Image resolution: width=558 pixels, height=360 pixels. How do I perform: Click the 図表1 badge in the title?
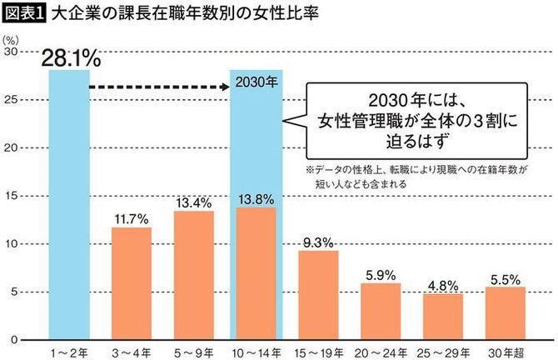pos(23,14)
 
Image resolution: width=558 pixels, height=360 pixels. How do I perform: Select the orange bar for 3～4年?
pos(131,283)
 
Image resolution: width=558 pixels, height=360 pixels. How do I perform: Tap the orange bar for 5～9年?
pos(193,275)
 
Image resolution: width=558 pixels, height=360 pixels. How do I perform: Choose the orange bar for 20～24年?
pos(381,311)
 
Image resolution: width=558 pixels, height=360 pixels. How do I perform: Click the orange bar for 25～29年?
pos(443,317)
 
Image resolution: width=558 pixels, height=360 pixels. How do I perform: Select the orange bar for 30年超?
pos(506,313)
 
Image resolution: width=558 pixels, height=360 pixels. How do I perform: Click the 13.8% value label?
pos(256,199)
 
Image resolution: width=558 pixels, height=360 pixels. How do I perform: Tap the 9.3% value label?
pos(318,242)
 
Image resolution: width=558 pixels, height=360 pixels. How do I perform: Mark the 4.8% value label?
pos(443,286)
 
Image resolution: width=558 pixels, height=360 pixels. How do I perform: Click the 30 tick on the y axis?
pos(12,52)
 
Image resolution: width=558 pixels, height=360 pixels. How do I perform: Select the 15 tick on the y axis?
pos(12,196)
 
